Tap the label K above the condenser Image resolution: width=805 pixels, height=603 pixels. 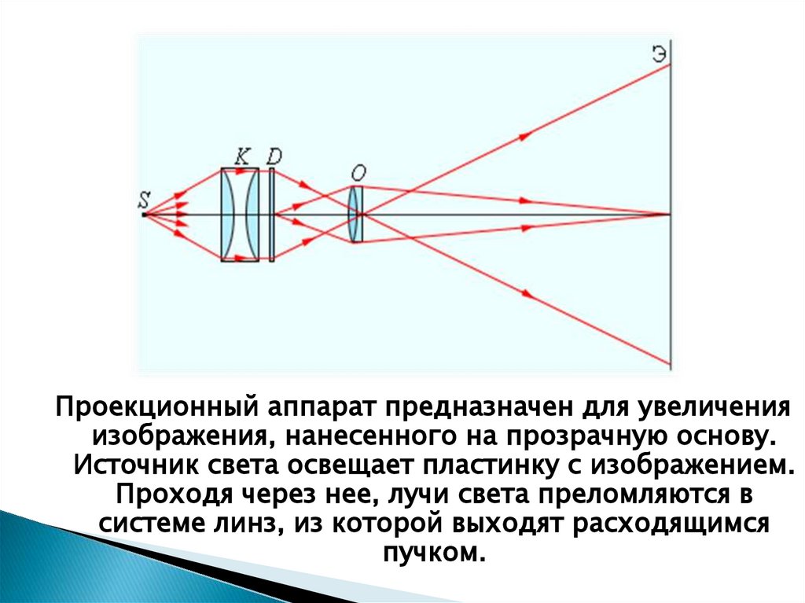pos(242,156)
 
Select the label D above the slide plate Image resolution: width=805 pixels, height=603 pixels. pos(273,156)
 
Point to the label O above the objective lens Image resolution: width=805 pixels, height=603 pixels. pos(358,173)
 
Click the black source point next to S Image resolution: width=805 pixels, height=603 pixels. pos(143,214)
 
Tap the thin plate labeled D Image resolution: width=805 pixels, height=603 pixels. pos(271,214)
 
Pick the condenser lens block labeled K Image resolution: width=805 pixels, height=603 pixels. pos(239,214)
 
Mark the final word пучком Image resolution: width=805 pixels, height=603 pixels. pos(429,552)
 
